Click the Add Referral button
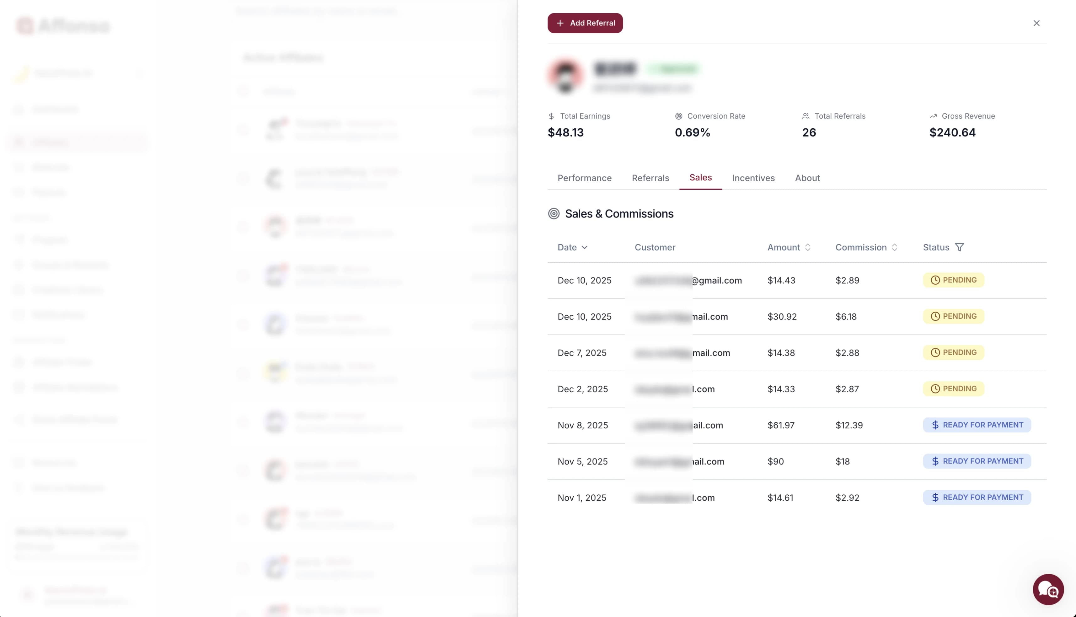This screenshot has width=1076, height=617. (x=585, y=23)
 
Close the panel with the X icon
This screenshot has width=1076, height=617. (x=1036, y=23)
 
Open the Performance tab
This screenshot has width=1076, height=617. (x=584, y=178)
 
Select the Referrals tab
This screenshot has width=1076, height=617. (x=650, y=178)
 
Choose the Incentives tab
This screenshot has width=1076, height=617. (x=753, y=178)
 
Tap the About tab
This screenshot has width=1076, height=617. (x=807, y=178)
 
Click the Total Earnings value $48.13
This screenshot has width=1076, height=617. (x=565, y=133)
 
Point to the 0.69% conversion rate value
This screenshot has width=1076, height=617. (x=692, y=133)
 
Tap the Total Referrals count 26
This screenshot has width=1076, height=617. (x=809, y=133)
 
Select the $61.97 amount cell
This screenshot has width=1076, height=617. (x=781, y=425)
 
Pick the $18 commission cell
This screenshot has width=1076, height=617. (x=842, y=461)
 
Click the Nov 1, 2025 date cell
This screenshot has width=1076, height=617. (x=582, y=497)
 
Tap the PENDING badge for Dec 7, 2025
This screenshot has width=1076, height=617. (x=953, y=352)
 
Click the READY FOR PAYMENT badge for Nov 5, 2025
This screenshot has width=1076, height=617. (x=977, y=461)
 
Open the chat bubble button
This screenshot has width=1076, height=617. (x=1048, y=589)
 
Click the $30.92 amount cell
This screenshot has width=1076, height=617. (x=782, y=317)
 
